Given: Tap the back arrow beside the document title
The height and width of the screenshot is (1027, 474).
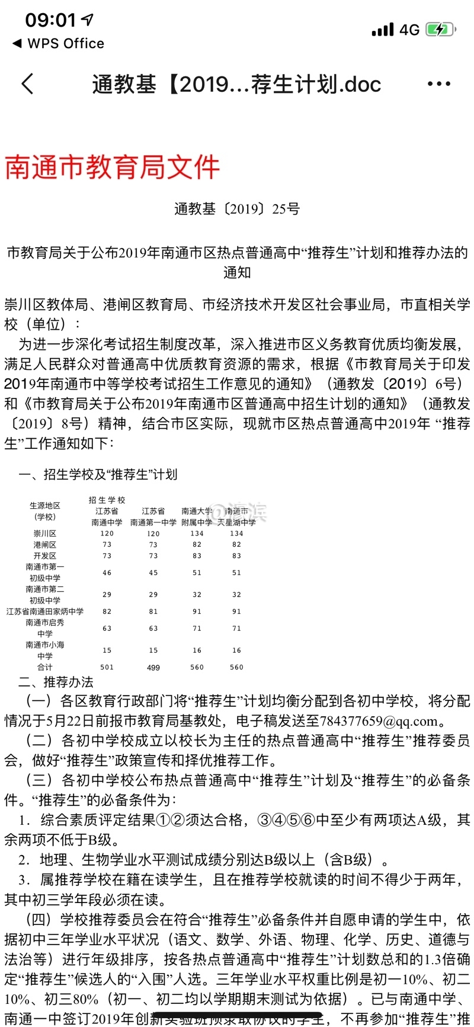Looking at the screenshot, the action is click(x=27, y=84).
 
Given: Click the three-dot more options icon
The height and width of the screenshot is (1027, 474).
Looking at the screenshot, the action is click(x=438, y=84).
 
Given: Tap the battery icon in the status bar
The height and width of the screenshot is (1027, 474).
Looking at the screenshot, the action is click(x=440, y=30).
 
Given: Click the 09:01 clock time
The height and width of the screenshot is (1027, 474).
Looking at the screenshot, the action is click(x=51, y=20).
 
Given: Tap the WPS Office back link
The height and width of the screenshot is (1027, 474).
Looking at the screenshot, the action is click(x=58, y=43).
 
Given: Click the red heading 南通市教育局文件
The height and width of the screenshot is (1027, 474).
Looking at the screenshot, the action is click(x=113, y=168).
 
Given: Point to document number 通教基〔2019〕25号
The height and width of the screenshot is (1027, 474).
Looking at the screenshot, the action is click(x=237, y=209).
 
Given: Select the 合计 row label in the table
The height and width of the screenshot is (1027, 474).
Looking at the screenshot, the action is click(x=45, y=667).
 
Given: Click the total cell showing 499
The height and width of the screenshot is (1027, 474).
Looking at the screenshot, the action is click(x=153, y=667).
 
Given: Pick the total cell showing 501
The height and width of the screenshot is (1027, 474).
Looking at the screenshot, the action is click(x=107, y=667).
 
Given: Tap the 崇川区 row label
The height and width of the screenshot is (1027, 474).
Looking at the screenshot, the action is click(x=45, y=534).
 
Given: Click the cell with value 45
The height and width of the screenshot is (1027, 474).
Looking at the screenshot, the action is click(x=153, y=573).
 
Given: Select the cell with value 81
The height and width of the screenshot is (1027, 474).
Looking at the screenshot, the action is click(x=153, y=611).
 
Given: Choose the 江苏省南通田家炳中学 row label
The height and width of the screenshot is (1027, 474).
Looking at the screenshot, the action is click(x=45, y=611).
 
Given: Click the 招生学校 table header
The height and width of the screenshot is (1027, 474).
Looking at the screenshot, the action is click(x=107, y=500).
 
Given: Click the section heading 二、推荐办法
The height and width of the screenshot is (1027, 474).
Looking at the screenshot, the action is click(x=56, y=682).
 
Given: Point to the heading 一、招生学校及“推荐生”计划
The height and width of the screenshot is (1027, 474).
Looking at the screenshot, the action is click(x=98, y=474).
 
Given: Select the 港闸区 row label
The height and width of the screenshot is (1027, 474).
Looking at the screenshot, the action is click(x=45, y=544).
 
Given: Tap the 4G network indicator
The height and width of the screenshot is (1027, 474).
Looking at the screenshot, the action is click(x=409, y=30).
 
